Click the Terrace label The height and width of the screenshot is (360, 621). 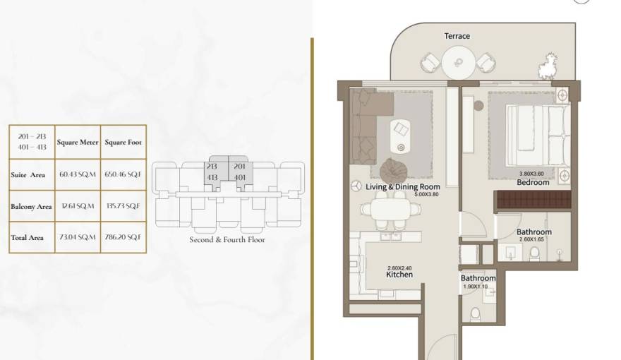(457, 36)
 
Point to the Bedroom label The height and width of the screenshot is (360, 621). (533, 182)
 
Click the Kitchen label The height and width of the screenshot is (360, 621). (399, 275)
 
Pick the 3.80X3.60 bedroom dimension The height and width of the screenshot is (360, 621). (532, 174)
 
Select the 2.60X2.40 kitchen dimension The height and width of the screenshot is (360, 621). (399, 268)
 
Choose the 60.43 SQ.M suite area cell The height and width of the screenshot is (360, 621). (77, 174)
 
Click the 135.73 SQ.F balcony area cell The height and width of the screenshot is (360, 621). (123, 206)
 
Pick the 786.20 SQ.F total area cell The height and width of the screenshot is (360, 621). (123, 238)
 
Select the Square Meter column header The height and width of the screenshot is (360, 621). (77, 142)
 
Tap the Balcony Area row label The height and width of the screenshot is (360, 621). (31, 207)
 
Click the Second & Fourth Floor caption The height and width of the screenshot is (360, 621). (227, 239)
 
